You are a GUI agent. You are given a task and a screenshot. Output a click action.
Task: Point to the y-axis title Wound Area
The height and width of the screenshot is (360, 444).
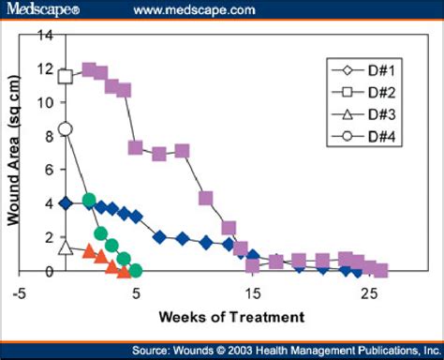(16, 153)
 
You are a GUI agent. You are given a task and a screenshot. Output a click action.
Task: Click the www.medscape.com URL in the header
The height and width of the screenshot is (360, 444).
(194, 10)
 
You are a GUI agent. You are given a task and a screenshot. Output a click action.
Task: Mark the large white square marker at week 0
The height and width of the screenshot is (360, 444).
(65, 76)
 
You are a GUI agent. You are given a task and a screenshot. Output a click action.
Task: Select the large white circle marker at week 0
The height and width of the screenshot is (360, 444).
(65, 129)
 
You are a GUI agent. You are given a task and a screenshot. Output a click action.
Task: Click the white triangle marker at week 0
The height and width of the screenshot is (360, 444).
(65, 247)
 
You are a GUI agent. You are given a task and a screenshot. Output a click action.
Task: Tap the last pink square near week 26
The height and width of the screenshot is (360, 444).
(380, 271)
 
